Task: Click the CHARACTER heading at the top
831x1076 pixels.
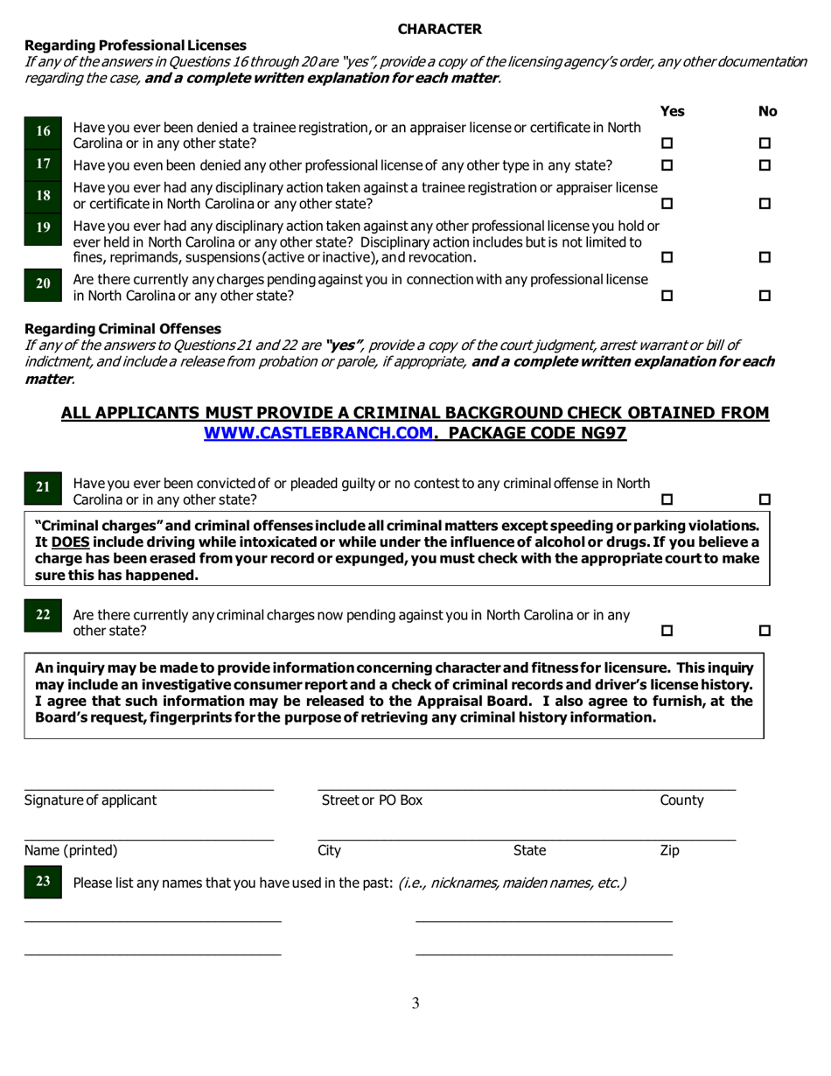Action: click(439, 29)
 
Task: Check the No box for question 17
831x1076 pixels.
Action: click(765, 165)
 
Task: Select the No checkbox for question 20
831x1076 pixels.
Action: click(765, 297)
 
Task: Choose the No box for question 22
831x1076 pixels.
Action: click(765, 631)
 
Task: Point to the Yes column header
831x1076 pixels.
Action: click(672, 111)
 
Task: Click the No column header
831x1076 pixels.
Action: click(767, 111)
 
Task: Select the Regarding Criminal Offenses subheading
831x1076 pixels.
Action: click(122, 329)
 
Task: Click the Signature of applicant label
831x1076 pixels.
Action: click(91, 800)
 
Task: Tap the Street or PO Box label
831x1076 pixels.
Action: click(372, 800)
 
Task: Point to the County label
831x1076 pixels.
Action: click(681, 800)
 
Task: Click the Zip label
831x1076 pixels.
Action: click(669, 850)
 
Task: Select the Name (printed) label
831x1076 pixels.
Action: click(71, 850)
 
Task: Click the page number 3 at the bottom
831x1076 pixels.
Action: click(415, 1003)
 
